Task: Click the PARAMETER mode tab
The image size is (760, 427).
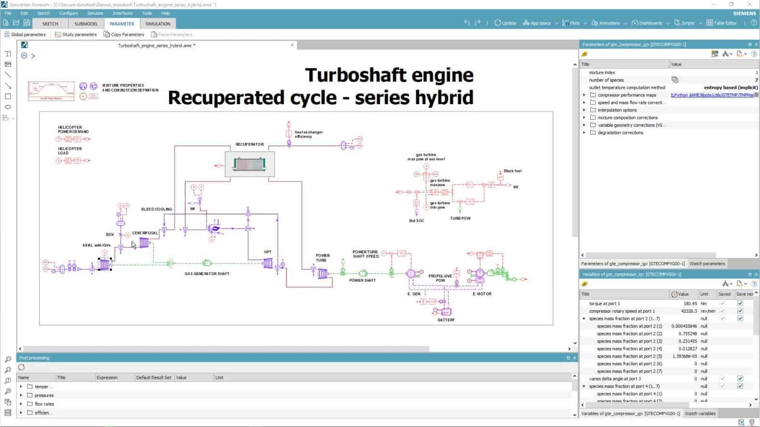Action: [x=122, y=24]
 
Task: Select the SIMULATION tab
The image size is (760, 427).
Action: [x=158, y=24]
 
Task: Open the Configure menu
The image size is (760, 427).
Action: [x=68, y=13]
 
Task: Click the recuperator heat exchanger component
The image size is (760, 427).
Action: [x=249, y=165]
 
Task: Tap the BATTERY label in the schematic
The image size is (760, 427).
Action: [x=446, y=320]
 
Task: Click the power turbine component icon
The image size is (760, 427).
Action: [x=323, y=274]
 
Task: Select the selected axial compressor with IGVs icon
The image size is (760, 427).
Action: [x=105, y=264]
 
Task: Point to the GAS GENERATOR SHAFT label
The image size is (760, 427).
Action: [x=207, y=274]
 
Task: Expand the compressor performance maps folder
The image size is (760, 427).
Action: [x=584, y=95]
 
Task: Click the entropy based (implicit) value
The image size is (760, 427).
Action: [x=731, y=88]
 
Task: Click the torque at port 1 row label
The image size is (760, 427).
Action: [x=604, y=303]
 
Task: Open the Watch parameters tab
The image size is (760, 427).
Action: [x=707, y=263]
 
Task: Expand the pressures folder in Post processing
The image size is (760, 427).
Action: [x=21, y=395]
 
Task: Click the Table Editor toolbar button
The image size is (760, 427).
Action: [x=721, y=23]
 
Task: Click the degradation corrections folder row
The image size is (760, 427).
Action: [x=620, y=133]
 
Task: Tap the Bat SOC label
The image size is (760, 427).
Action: [x=416, y=220]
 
